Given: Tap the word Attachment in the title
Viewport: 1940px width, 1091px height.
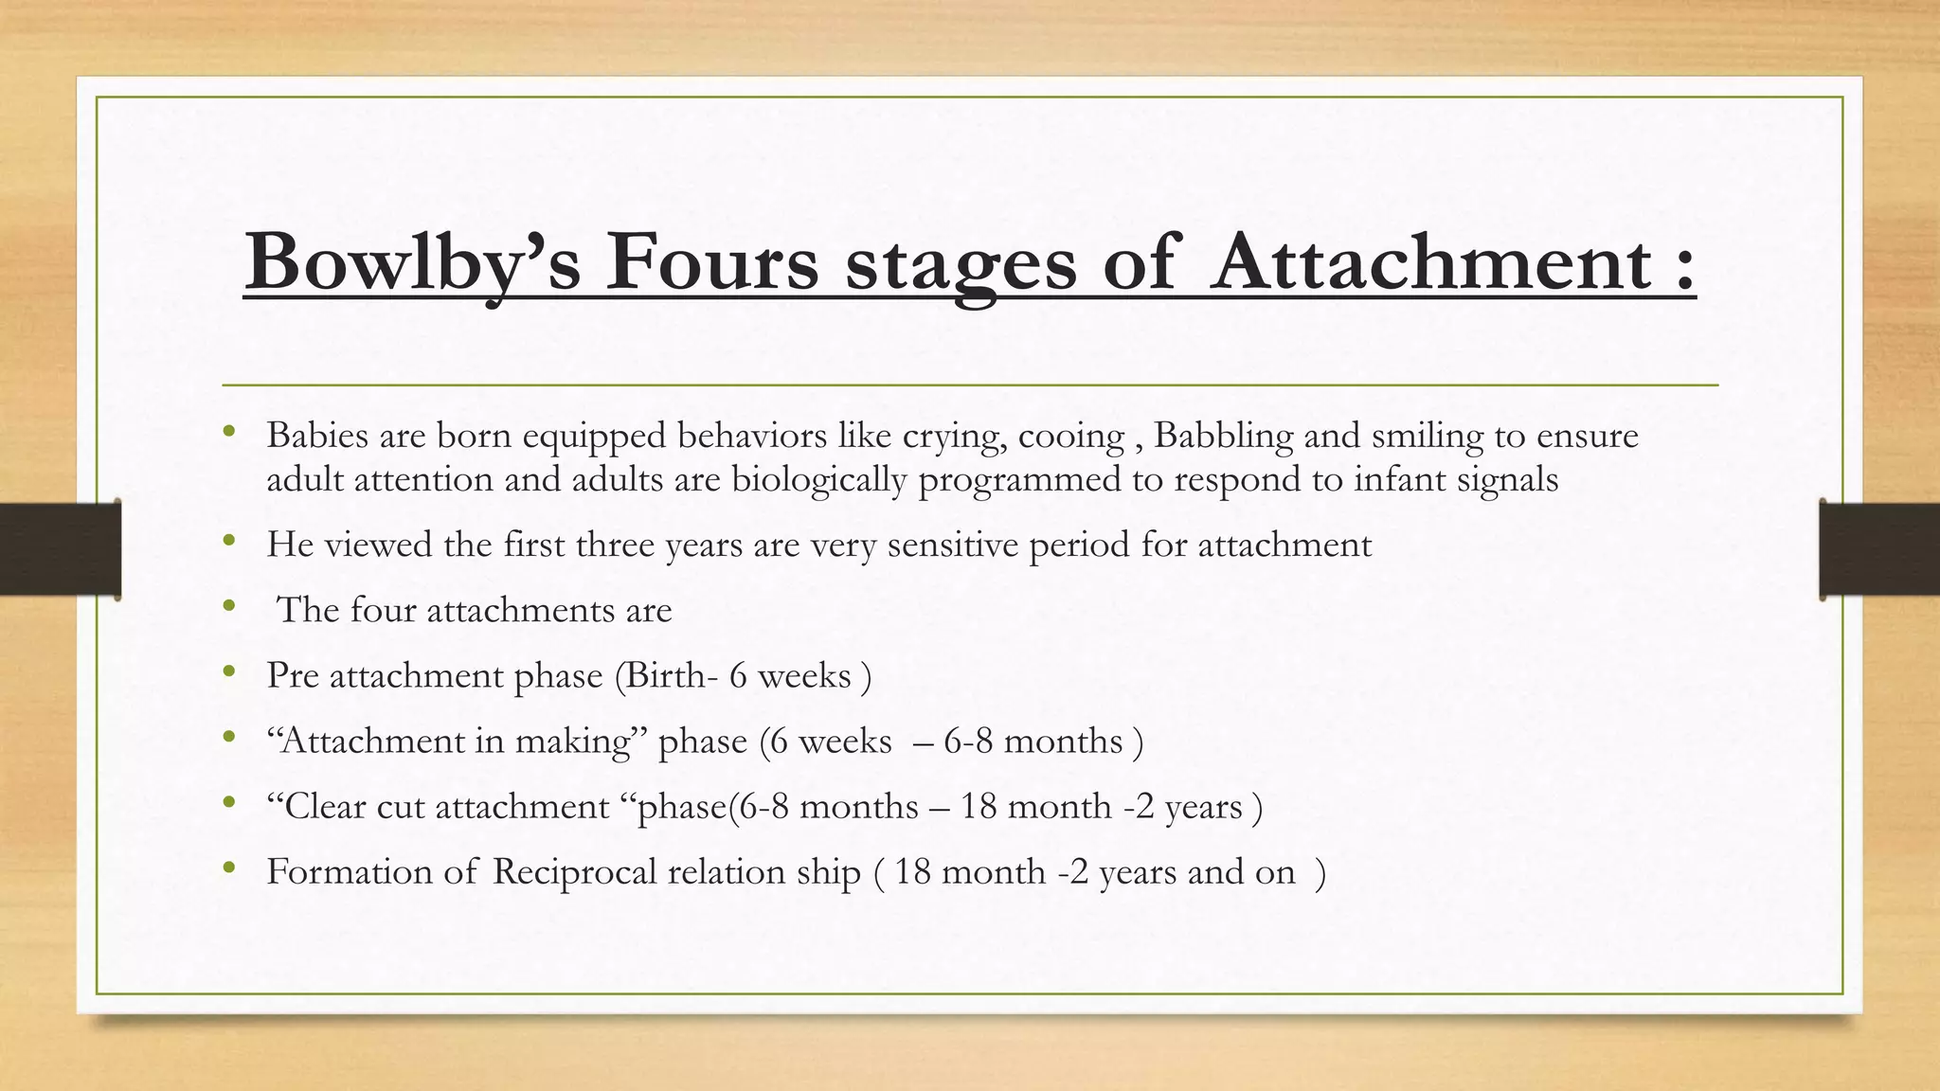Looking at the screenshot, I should pyautogui.click(x=1432, y=261).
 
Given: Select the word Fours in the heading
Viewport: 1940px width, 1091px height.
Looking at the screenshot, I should pyautogui.click(x=711, y=261).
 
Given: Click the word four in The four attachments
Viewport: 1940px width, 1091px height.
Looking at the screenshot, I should pyautogui.click(x=383, y=610).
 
